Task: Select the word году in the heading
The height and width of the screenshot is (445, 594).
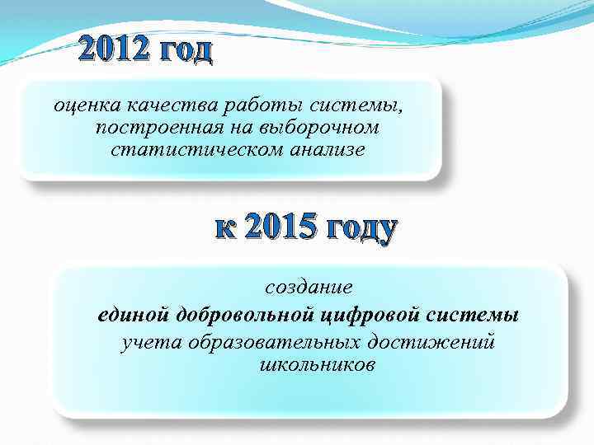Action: (362, 228)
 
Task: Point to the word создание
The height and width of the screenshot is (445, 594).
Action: (309, 287)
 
